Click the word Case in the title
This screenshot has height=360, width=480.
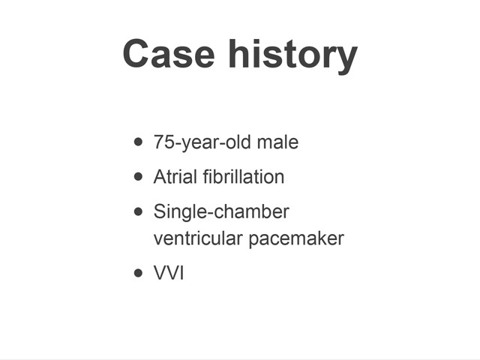click(x=169, y=53)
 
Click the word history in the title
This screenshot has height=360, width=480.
click(x=293, y=56)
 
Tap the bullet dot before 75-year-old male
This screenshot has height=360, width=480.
click(x=138, y=142)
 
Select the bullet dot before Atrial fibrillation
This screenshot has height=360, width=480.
click(x=138, y=177)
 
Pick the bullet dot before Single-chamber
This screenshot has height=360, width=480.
click(x=138, y=211)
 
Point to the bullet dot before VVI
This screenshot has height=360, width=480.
click(x=138, y=272)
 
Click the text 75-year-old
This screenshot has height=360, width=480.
click(x=202, y=142)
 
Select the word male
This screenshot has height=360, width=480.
click(x=277, y=142)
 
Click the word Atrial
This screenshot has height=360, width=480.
click(x=175, y=177)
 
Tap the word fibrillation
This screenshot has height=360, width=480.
click(x=244, y=177)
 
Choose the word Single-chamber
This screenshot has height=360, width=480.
click(x=221, y=212)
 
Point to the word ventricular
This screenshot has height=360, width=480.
click(x=198, y=238)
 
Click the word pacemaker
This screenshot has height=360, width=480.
click(x=296, y=239)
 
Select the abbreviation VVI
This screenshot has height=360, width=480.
click(x=169, y=272)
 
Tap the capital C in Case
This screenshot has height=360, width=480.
click(x=136, y=53)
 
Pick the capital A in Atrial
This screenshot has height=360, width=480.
click(x=160, y=177)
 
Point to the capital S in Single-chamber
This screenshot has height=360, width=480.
click(x=160, y=211)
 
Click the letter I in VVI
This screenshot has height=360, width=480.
click(x=181, y=272)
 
